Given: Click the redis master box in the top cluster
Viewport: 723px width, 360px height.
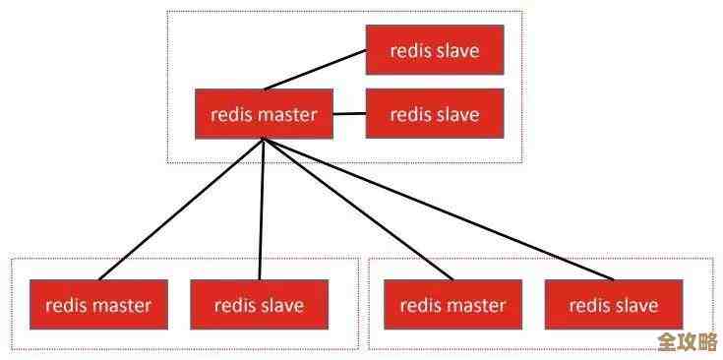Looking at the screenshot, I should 264,114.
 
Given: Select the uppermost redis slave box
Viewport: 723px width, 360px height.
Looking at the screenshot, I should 435,49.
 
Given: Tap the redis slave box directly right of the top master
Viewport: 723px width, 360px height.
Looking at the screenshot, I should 435,114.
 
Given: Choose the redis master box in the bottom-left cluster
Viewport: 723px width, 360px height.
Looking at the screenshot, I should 98,305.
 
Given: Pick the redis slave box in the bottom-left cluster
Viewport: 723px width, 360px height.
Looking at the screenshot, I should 259,305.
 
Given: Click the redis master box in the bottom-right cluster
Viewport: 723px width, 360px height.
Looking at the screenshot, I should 452,305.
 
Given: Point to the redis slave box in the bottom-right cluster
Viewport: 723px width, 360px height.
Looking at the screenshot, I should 614,305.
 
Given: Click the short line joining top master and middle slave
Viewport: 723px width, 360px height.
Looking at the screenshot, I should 349,114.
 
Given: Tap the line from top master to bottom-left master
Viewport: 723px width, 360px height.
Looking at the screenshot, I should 182,209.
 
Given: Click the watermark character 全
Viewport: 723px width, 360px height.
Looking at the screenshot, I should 670,342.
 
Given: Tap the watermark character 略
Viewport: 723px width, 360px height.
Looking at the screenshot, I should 706,342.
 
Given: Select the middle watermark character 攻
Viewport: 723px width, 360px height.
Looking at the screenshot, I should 688,342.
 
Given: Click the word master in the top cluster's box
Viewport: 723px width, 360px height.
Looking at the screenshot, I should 287,114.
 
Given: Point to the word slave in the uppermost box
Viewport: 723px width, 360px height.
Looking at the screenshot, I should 457,49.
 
